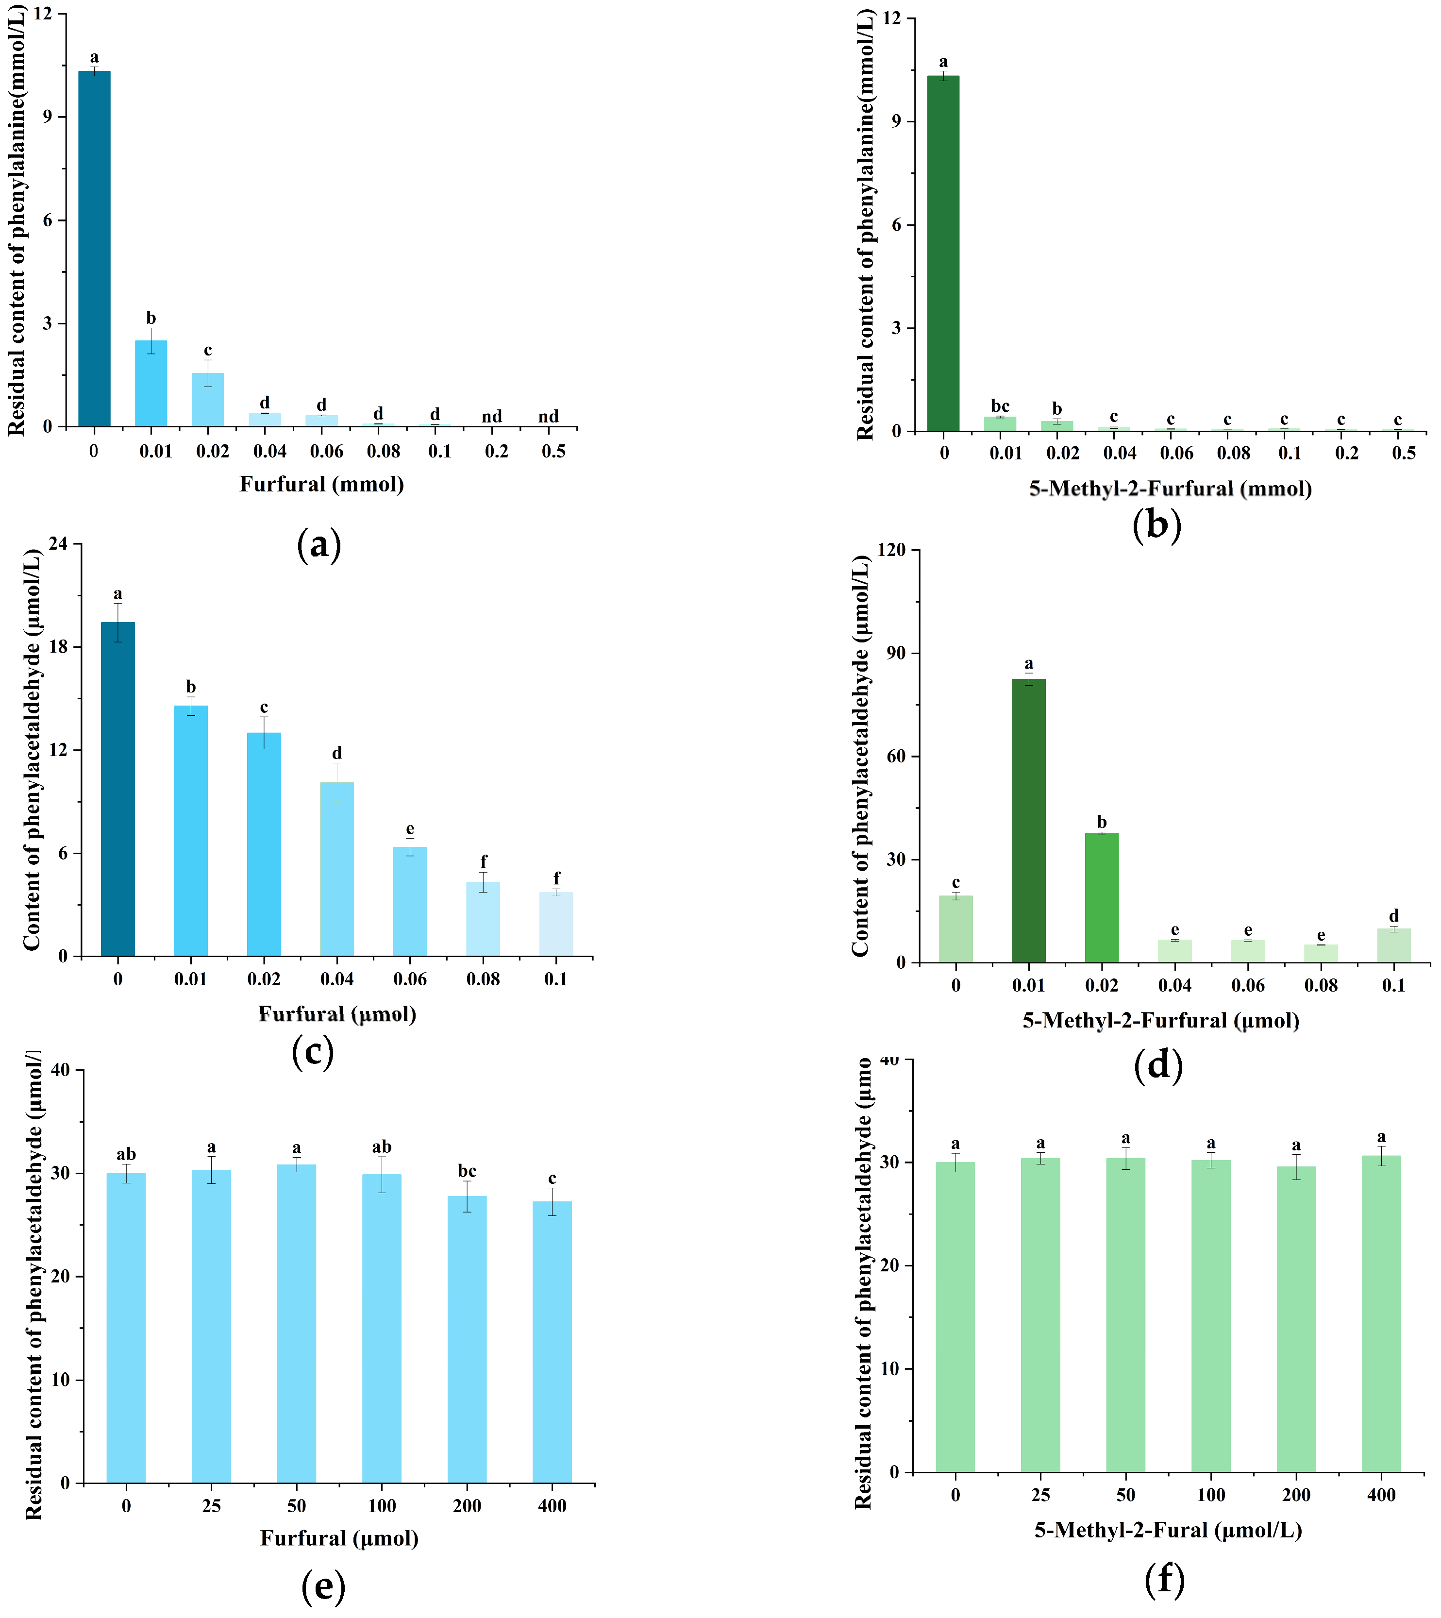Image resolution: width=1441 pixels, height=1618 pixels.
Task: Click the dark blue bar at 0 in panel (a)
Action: point(94,250)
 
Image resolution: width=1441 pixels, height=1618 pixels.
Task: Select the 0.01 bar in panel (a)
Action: point(151,384)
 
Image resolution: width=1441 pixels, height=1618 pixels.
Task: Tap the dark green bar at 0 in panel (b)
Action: point(943,253)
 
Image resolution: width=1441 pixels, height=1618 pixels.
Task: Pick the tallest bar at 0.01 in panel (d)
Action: point(1028,821)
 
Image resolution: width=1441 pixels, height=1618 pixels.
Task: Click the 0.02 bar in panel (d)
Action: point(1101,897)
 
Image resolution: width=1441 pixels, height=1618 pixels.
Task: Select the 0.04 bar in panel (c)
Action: point(336,870)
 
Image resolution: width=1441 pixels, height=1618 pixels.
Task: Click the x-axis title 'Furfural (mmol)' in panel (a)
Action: point(321,484)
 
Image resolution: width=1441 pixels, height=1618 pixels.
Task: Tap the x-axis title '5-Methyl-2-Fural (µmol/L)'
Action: point(1168,1530)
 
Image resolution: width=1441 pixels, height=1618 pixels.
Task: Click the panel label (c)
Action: point(313,1052)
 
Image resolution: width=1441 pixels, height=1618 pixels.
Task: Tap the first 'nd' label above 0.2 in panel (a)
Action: point(492,417)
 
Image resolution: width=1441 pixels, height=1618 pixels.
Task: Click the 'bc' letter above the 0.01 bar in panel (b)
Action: point(1000,406)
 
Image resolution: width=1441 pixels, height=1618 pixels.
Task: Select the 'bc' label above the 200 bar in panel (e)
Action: point(467,1171)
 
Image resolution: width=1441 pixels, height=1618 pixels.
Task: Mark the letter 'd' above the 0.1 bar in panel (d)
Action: point(1393,915)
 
